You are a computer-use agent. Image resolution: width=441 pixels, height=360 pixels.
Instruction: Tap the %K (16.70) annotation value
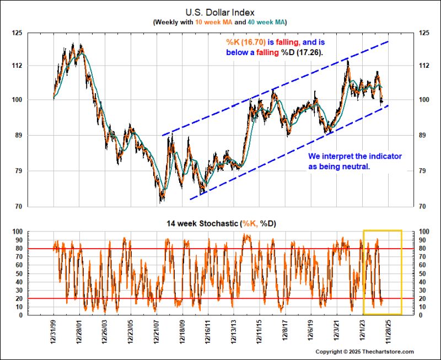246,42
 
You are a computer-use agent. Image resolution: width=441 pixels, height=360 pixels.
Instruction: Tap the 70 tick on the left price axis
18,207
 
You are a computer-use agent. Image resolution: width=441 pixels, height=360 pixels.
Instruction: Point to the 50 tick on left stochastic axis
18,273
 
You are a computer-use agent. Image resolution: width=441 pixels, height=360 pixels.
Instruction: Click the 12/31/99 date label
53,333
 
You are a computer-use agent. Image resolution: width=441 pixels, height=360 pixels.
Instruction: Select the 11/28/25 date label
389,333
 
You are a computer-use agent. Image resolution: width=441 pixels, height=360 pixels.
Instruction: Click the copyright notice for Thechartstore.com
364,352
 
